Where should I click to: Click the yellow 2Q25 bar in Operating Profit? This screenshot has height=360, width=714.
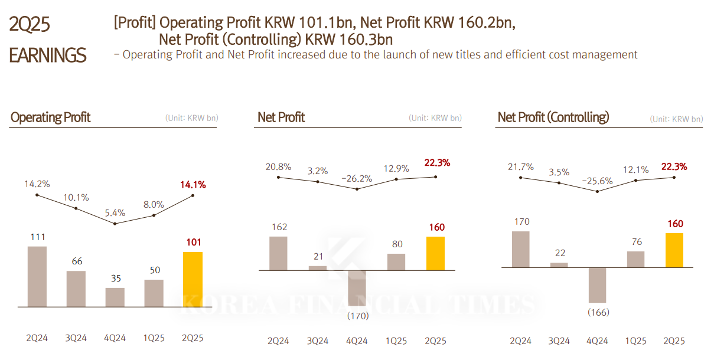[x=193, y=279]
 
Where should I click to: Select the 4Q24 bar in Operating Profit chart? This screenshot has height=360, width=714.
[x=115, y=297]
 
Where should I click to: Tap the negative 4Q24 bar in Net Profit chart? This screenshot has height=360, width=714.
[x=357, y=288]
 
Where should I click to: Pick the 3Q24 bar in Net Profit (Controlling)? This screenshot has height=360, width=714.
[x=559, y=265]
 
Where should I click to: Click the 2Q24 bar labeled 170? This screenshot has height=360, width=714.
[x=520, y=249]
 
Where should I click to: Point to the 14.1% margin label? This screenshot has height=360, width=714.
[x=193, y=185]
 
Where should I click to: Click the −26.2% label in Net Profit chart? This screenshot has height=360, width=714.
[x=357, y=178]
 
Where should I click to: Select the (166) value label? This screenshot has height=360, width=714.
[x=597, y=312]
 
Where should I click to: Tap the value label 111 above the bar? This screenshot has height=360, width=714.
[x=37, y=237]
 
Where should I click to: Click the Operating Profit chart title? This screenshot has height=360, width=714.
[x=51, y=117]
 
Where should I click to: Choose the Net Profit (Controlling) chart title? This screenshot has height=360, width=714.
[x=553, y=117]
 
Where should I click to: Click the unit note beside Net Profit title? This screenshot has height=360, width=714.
[x=435, y=118]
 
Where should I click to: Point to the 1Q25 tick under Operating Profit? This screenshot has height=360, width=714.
[x=154, y=338]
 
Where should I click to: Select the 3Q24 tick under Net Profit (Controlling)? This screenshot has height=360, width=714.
[x=559, y=341]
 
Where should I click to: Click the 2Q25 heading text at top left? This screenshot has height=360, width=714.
[x=30, y=25]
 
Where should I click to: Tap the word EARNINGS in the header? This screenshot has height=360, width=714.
[x=47, y=55]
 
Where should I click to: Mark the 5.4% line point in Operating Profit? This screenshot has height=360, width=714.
[x=115, y=223]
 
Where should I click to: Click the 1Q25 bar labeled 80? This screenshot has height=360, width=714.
[x=396, y=262]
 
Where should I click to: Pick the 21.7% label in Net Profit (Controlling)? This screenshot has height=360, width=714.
[x=520, y=167]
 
